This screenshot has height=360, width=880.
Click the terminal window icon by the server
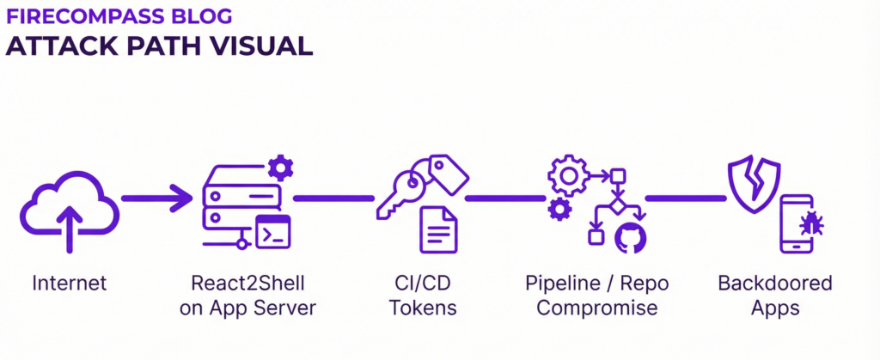tap(274, 232)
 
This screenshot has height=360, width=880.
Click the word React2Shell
tap(247, 284)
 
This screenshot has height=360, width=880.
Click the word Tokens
tap(423, 308)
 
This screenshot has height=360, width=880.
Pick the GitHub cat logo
tap(630, 235)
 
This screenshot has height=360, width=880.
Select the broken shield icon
tap(754, 182)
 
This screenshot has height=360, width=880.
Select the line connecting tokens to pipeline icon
tap(505, 198)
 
